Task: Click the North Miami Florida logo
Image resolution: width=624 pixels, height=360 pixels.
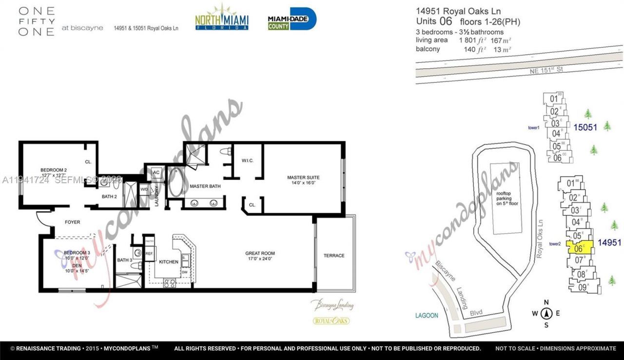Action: point(222,18)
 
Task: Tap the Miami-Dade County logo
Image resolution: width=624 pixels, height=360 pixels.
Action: point(292,19)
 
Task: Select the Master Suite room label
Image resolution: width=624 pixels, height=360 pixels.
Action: point(303,180)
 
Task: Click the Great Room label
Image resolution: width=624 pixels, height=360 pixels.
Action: point(260,256)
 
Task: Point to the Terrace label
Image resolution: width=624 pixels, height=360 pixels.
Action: point(334,256)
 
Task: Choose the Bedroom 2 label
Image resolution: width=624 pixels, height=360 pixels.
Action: point(54,172)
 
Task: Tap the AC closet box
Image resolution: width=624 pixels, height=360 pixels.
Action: point(156,172)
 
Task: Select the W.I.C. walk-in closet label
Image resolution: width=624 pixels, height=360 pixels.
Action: point(247,160)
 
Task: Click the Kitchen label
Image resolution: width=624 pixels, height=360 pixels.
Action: point(169,262)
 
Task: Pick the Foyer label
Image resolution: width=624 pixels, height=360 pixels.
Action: point(73,222)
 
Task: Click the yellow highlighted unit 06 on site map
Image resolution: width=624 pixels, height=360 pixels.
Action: point(580,248)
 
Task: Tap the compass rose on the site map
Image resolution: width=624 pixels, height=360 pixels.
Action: point(547,314)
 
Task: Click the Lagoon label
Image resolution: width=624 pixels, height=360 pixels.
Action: point(427,316)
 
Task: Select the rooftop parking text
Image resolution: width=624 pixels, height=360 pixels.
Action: point(507,199)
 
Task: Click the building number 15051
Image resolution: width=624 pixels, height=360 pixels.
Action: point(585,127)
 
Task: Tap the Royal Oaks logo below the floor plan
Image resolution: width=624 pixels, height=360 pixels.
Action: point(331,320)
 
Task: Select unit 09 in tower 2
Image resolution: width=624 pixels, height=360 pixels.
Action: point(582,287)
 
